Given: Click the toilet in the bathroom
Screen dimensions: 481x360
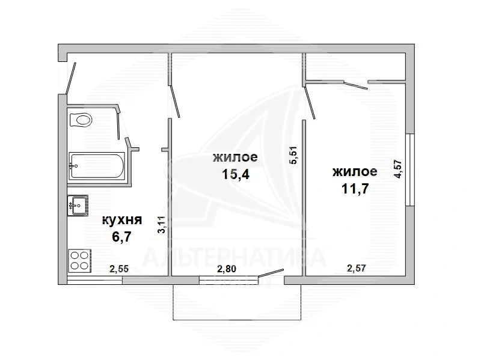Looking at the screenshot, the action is tap(81, 120).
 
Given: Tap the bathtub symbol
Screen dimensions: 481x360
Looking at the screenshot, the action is tap(97, 166).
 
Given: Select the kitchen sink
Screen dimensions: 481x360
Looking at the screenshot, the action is tap(78, 206).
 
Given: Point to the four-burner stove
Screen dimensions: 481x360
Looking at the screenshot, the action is tap(80, 260).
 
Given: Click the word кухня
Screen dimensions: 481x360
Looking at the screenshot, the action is tap(122, 220).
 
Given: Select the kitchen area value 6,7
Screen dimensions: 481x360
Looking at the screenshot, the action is tap(122, 236).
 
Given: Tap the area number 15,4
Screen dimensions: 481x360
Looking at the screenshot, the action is tap(236, 174).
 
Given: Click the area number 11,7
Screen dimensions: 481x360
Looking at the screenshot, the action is tap(355, 189).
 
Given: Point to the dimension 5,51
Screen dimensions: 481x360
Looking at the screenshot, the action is tap(293, 155).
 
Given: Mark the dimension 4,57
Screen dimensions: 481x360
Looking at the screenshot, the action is tap(398, 169).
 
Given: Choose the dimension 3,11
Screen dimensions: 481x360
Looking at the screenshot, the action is tap(161, 225).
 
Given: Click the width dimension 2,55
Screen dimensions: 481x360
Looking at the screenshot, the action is tap(119, 269).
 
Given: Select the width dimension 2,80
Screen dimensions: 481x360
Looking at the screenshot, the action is tap(227, 269).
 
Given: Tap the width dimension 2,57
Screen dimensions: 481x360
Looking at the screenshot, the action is tap(357, 268).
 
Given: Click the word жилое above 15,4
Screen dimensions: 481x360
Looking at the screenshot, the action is tap(235, 157).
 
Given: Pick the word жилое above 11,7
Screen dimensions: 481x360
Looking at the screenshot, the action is tap(355, 172).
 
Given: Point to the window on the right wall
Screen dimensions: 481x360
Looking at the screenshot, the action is tap(409, 169).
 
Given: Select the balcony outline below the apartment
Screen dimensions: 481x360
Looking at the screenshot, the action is tap(237, 320).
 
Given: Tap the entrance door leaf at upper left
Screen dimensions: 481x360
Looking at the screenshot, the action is tap(71, 78).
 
